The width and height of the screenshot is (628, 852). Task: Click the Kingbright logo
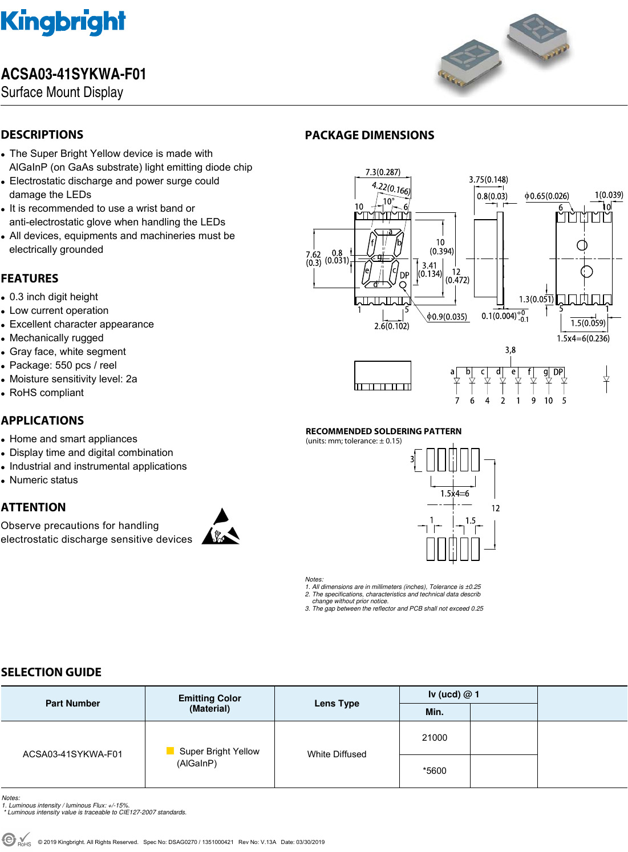point(63,23)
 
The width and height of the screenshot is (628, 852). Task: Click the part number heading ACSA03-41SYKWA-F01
point(74,74)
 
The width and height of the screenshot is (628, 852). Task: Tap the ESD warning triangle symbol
point(221,527)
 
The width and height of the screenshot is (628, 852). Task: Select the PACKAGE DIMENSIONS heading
point(369,135)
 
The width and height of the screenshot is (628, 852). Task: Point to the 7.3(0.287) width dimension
point(383,172)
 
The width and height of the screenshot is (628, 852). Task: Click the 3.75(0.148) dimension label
point(488,180)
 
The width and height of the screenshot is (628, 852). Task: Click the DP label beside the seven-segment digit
point(404,275)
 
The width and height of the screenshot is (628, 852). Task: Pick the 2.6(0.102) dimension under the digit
point(391,326)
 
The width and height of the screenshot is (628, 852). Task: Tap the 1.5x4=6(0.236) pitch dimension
point(583,338)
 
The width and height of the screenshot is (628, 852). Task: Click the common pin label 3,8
point(510,350)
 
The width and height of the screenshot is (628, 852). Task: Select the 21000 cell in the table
point(434,738)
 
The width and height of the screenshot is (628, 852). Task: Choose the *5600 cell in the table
point(434,771)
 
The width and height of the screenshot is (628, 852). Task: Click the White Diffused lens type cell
point(337,754)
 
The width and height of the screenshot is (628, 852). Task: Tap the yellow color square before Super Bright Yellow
point(170,751)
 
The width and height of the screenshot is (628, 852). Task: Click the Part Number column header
point(72,704)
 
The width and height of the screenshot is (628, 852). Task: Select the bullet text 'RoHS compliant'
point(46,393)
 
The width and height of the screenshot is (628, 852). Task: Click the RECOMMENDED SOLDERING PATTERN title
point(383,431)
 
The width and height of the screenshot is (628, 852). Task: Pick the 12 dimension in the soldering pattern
point(495,508)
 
